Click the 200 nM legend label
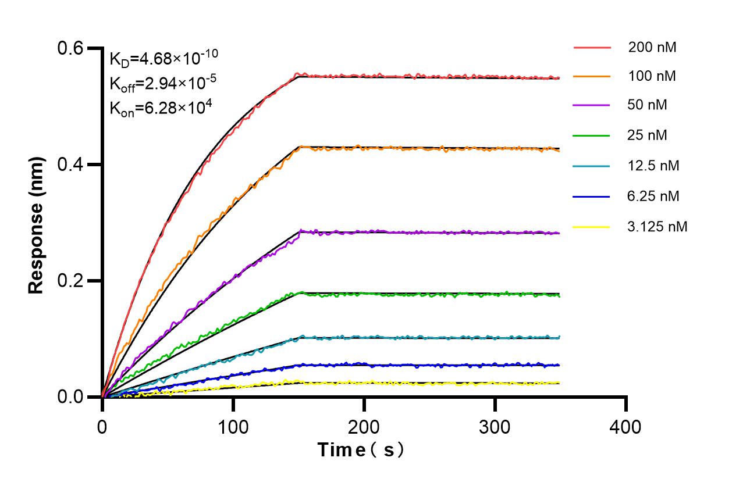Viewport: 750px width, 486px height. coord(652,48)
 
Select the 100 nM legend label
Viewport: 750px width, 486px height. coord(652,76)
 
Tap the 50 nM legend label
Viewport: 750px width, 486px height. coord(648,105)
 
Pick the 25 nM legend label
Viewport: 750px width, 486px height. coord(648,135)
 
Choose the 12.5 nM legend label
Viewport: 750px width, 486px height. coord(653,166)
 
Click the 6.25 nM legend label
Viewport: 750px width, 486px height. coord(653,196)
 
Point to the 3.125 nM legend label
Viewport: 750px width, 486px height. coord(657,227)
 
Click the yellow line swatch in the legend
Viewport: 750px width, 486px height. coord(592,227)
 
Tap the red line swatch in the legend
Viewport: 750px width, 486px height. coord(592,48)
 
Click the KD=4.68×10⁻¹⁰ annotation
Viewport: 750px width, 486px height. coord(163,58)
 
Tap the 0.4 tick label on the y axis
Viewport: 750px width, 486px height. coord(70,165)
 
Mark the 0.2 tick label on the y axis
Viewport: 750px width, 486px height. coord(70,281)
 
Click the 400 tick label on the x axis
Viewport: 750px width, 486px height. coord(626,427)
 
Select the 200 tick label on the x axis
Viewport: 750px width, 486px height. coord(364,427)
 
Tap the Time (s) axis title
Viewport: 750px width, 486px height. coord(361,450)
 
